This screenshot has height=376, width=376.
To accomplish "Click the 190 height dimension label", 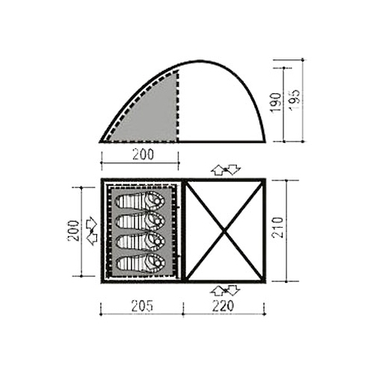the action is [x=276, y=103].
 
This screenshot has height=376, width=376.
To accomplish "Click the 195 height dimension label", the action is [x=294, y=99].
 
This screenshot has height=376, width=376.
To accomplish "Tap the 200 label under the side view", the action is [x=143, y=154].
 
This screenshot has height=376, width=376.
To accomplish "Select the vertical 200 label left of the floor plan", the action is [x=73, y=230].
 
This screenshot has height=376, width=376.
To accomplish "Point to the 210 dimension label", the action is [x=277, y=227].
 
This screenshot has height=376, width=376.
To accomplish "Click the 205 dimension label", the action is [x=142, y=306].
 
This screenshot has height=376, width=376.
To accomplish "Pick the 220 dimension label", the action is [x=223, y=306].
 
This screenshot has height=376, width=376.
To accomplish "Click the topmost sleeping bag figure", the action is [x=140, y=201].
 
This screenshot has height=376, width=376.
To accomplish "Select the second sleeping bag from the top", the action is [x=140, y=221].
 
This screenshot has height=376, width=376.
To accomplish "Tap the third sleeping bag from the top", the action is [x=140, y=241].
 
